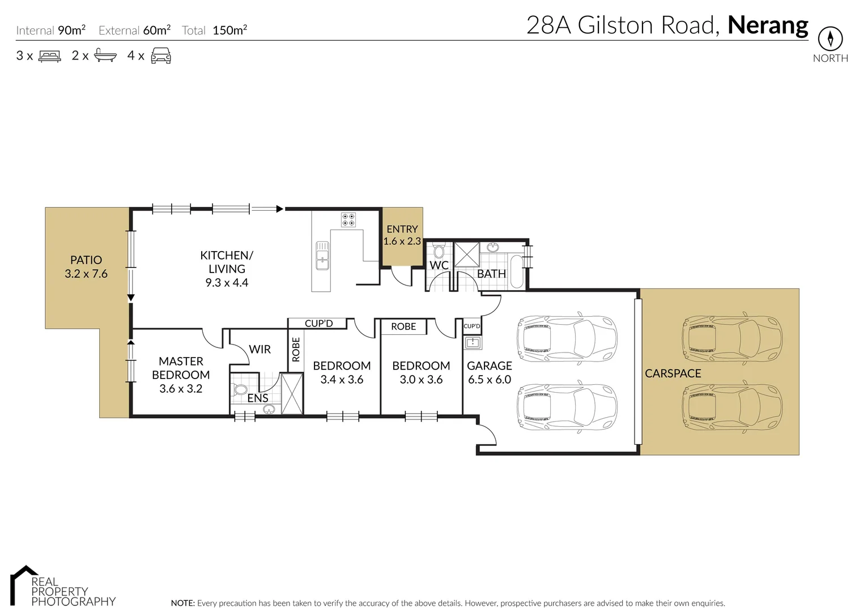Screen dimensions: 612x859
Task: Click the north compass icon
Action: coord(830,39)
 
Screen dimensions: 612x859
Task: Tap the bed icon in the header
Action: coord(49,56)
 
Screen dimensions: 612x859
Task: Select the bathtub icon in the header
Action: coord(105,56)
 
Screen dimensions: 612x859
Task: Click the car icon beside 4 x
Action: coord(161,56)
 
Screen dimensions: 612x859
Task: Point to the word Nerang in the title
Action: coord(768,25)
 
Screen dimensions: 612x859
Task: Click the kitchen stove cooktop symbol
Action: coord(348,219)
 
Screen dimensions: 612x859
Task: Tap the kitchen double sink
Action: coord(322,256)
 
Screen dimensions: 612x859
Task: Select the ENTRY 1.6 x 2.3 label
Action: coord(402,235)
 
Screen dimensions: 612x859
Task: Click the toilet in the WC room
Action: coord(439,251)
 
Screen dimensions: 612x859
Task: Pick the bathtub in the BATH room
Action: coord(517,272)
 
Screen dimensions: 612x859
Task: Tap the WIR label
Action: coord(260,350)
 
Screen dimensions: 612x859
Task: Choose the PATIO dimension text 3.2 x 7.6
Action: coord(86,274)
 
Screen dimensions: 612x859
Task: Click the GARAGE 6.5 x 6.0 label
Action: coord(489,373)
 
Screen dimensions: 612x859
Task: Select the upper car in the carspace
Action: coord(733,338)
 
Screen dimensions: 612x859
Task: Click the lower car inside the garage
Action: coord(567,408)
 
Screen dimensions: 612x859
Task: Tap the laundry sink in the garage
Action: coord(472,342)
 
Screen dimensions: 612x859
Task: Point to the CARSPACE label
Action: coord(673,373)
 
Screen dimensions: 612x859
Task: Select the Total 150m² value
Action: coord(229,31)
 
